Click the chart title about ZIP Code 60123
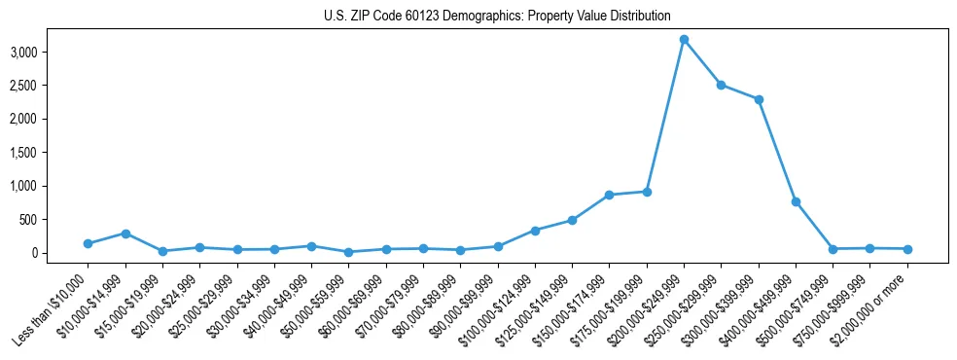pyautogui.click(x=497, y=17)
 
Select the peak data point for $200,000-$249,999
pyautogui.click(x=684, y=39)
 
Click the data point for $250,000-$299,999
pyautogui.click(x=721, y=85)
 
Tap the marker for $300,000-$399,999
pyautogui.click(x=759, y=99)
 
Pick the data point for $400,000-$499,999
pyautogui.click(x=796, y=201)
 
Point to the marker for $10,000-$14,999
pyautogui.click(x=125, y=234)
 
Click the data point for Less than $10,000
pyautogui.click(x=88, y=243)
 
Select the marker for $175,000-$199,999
pyautogui.click(x=647, y=192)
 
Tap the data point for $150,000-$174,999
pyautogui.click(x=609, y=195)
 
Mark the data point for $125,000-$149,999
pyautogui.click(x=572, y=220)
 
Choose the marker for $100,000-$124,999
pyautogui.click(x=535, y=231)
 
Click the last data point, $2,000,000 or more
pyautogui.click(x=907, y=249)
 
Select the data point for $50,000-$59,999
pyautogui.click(x=348, y=252)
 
